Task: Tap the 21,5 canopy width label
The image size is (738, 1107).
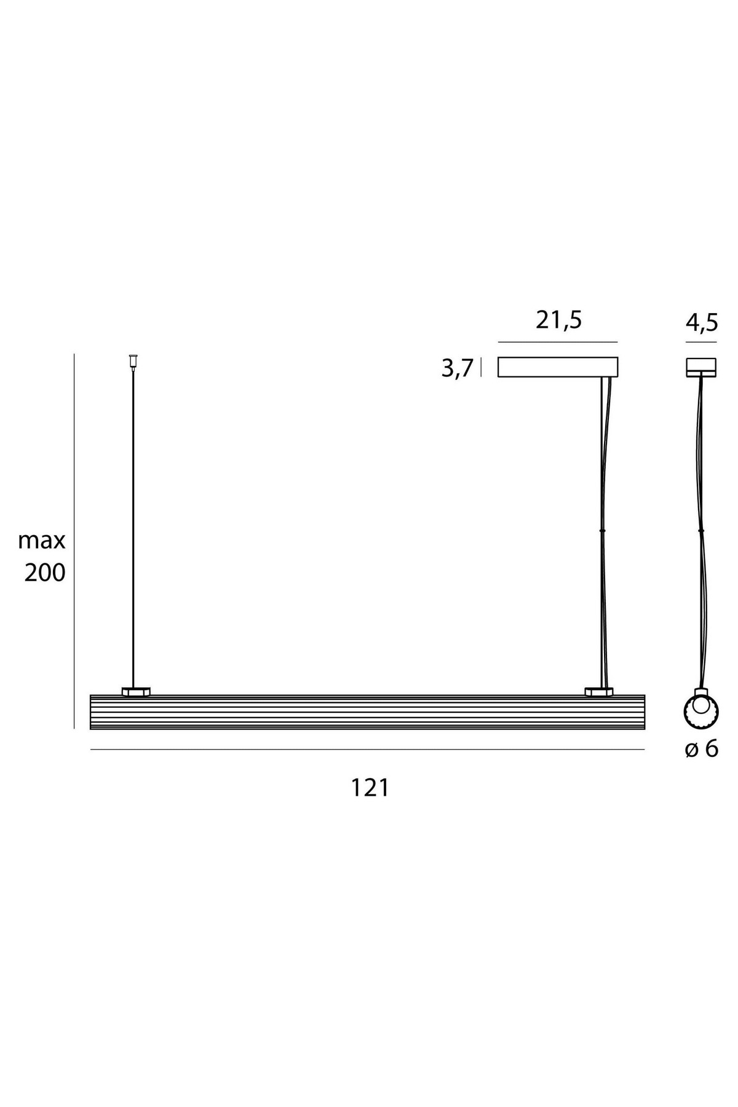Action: point(558,320)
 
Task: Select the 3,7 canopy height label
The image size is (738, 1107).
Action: point(458,369)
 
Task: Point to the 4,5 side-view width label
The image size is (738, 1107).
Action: point(702,322)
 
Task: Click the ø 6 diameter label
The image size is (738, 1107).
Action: point(702,749)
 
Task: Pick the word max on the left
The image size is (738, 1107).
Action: point(42,541)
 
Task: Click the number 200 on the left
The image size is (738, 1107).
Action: point(45,573)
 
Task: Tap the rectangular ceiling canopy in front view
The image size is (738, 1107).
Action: point(558,367)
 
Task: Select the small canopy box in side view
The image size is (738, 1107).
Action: point(701,367)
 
